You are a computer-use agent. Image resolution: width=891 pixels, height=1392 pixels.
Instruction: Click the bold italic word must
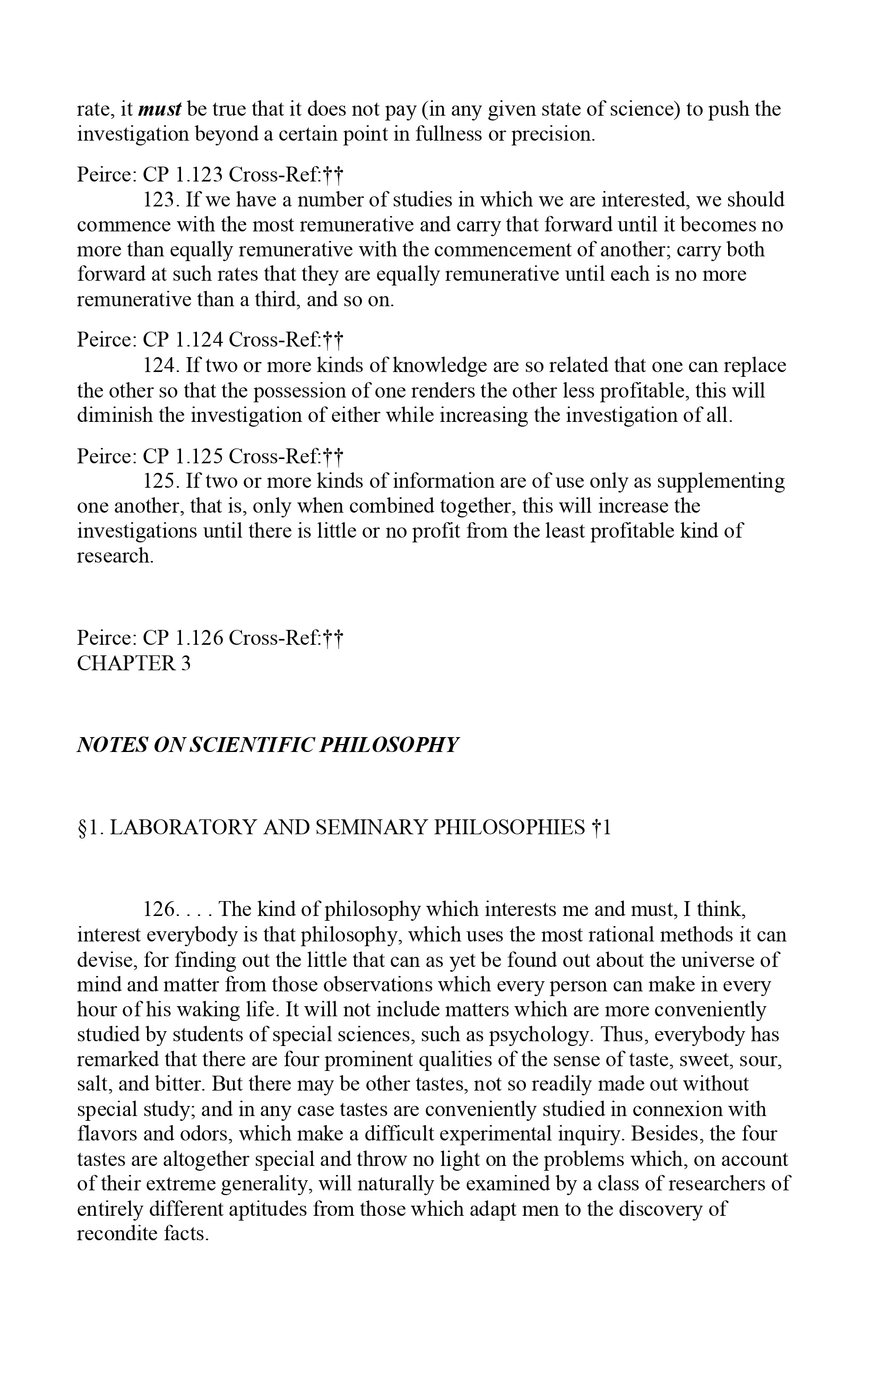160,109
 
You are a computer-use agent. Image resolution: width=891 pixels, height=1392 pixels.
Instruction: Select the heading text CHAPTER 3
134,663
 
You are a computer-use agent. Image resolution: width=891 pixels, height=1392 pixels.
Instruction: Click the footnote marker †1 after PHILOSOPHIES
601,828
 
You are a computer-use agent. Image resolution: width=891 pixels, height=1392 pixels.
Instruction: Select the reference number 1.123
198,175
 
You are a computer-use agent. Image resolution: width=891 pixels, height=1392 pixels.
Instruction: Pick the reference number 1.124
198,340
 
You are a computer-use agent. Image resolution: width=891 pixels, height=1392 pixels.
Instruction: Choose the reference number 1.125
198,456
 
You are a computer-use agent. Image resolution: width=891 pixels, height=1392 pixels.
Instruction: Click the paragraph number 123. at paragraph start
161,200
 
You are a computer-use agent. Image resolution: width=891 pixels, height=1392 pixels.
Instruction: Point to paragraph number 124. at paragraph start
161,366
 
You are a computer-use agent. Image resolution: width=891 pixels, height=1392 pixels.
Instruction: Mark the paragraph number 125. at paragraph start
161,481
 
